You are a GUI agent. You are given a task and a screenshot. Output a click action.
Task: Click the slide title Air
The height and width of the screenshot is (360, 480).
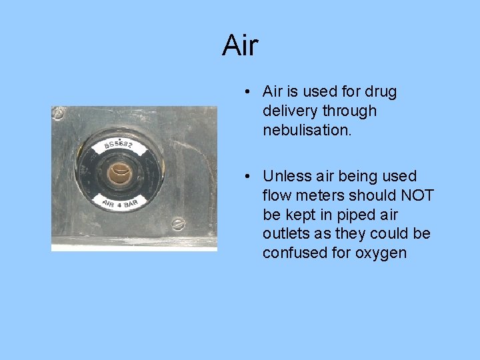click(x=240, y=45)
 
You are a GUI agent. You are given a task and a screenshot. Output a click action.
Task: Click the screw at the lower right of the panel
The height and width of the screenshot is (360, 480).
click(x=178, y=224)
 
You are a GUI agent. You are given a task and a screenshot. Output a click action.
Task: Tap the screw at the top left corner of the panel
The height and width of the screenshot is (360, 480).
click(x=59, y=115)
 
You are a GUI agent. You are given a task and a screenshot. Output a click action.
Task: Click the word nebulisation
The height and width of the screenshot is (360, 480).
click(x=307, y=130)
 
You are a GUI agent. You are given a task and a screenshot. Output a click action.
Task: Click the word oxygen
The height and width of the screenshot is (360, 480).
click(x=382, y=253)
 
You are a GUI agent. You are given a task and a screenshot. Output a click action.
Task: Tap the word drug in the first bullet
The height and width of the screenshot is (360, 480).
click(x=382, y=91)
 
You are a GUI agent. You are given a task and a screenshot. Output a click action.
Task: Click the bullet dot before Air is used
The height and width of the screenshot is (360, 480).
click(x=247, y=92)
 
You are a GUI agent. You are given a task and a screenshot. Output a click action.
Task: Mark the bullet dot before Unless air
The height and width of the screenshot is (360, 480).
click(x=247, y=177)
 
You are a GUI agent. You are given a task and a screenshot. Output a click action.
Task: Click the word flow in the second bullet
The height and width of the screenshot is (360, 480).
click(x=276, y=195)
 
